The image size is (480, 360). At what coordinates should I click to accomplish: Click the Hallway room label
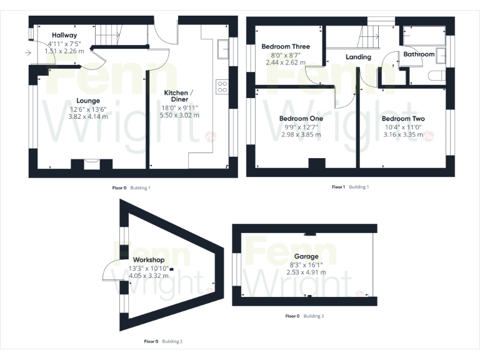[x=64, y=35]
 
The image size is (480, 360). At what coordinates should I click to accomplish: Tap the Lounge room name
[x=88, y=100]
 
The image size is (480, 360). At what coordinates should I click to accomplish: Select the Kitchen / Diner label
[x=179, y=96]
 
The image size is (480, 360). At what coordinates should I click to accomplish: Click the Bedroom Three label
[x=285, y=46]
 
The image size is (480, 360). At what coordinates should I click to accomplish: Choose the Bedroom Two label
[x=403, y=119]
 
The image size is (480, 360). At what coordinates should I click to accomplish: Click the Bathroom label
[x=418, y=54]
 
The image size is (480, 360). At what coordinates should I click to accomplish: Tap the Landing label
[x=358, y=57]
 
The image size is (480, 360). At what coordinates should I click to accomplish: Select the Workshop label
[x=149, y=260]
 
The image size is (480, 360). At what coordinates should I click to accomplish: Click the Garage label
[x=306, y=256]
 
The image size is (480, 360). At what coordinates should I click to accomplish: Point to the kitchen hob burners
[x=221, y=86]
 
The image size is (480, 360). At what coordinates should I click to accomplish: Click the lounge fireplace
[x=91, y=164]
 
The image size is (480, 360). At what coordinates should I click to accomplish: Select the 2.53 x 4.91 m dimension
[x=306, y=272]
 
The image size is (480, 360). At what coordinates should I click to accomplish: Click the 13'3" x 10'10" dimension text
[x=149, y=267]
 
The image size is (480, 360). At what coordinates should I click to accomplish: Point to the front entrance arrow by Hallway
[x=27, y=53]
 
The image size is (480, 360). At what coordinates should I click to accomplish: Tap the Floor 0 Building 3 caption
[x=304, y=316]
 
